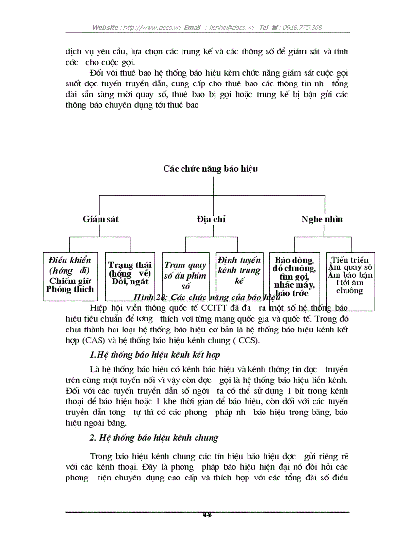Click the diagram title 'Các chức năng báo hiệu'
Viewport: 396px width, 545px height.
point(210,169)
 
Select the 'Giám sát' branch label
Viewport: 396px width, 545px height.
point(100,219)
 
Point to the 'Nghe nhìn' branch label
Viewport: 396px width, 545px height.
point(322,219)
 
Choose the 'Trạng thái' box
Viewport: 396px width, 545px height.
point(130,273)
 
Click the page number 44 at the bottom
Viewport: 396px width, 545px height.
point(207,515)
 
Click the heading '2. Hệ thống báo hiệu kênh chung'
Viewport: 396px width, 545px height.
point(154,438)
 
